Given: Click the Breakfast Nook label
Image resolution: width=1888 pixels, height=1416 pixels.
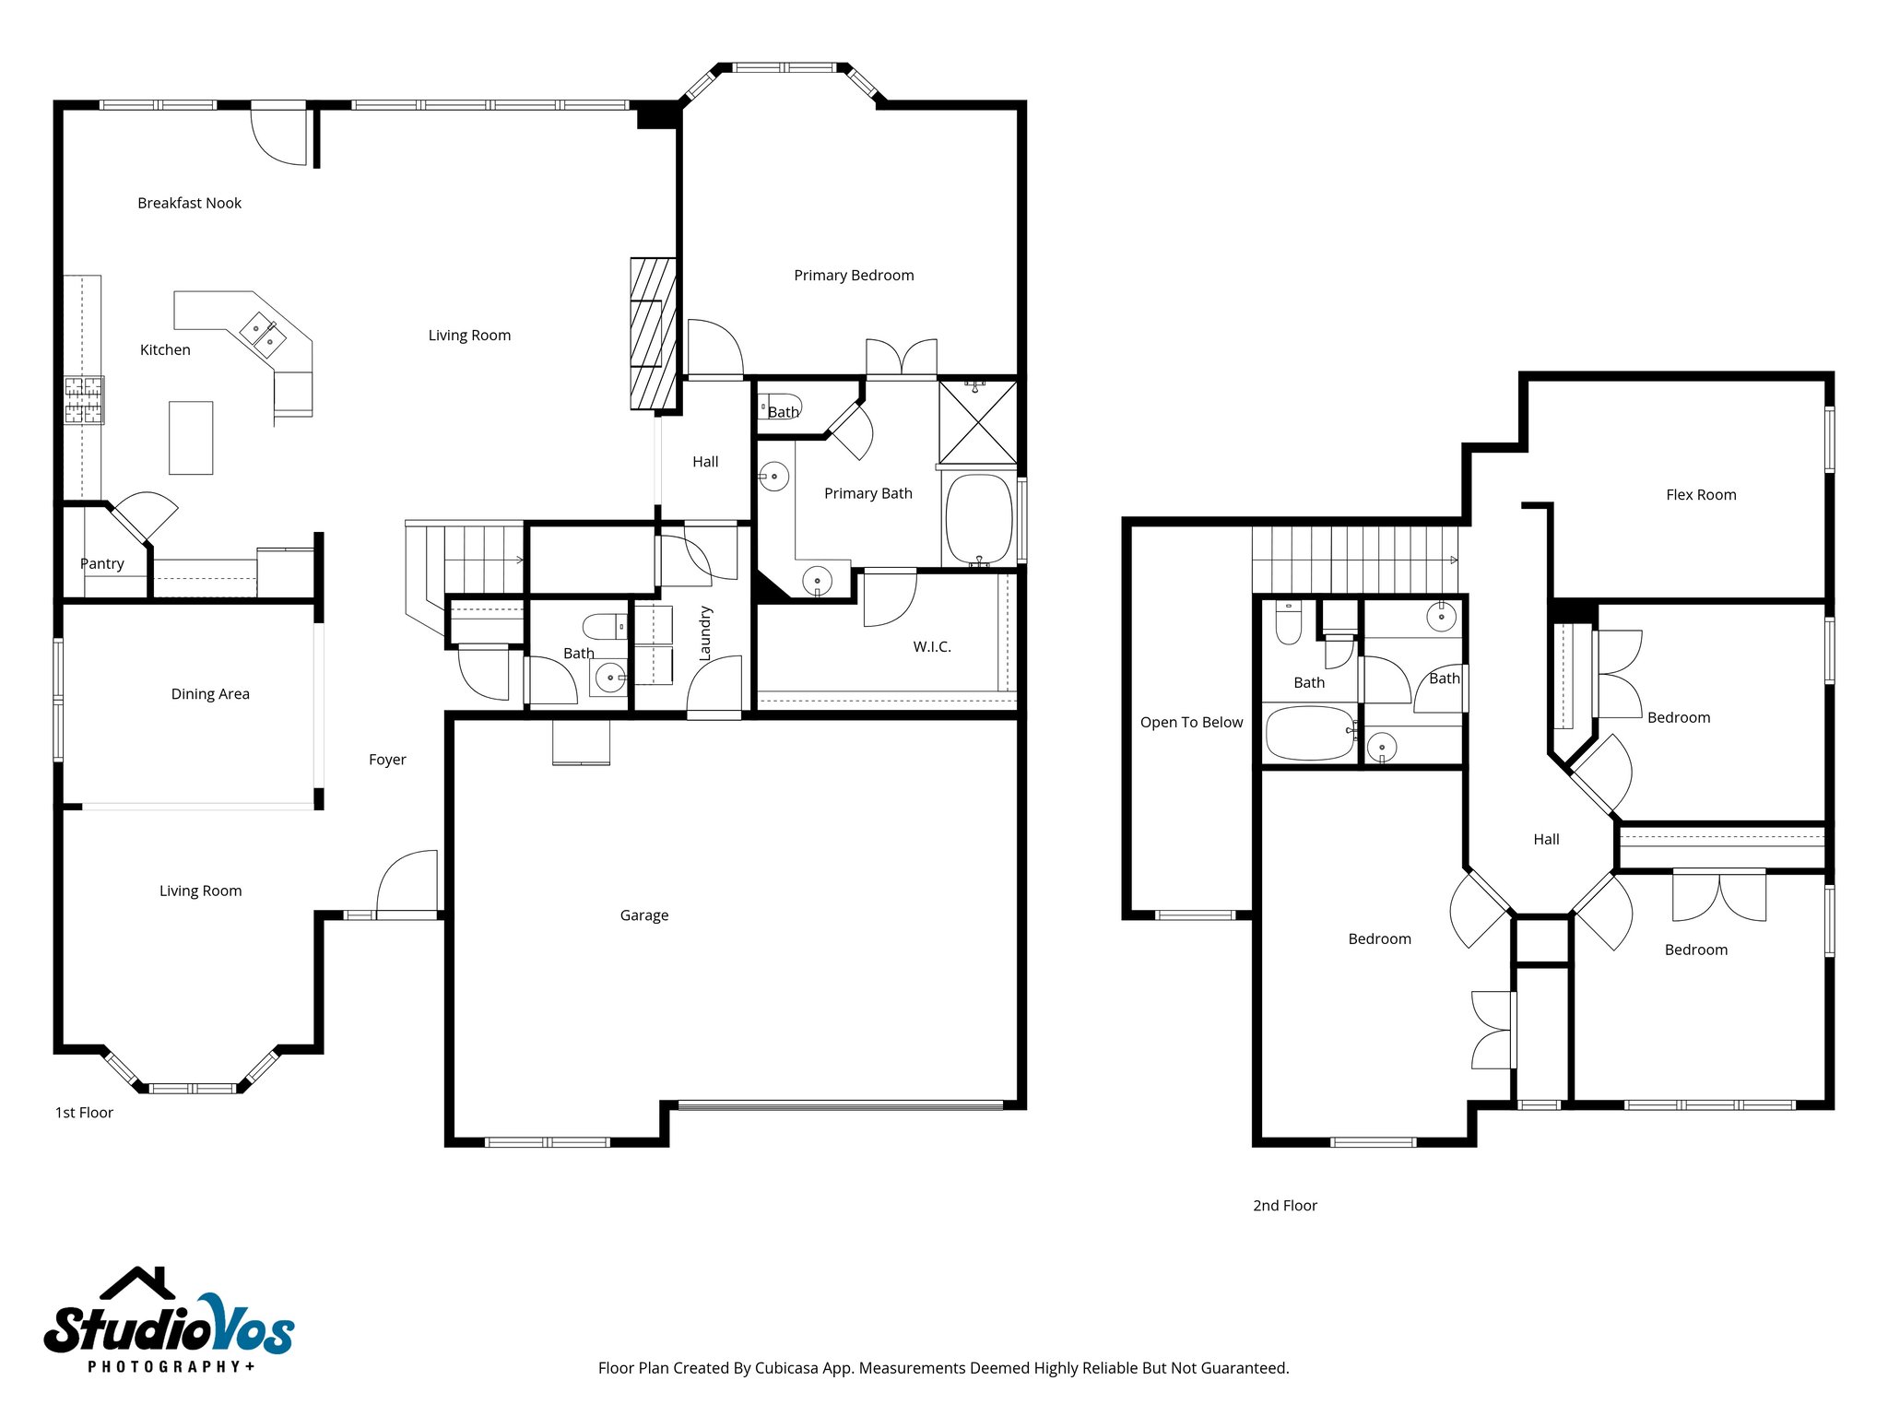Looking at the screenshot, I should click(189, 203).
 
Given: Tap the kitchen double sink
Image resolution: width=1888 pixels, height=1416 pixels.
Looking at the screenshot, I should click(263, 335).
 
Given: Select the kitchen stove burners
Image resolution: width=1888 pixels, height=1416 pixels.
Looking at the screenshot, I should click(83, 400).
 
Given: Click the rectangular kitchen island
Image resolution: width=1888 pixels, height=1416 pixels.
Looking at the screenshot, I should click(191, 438).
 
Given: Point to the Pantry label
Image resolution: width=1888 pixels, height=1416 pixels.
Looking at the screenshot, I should click(101, 563).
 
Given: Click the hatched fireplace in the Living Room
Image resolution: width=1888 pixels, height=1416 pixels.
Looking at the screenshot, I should click(653, 334).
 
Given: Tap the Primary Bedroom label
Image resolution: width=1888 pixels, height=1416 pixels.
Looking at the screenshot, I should click(854, 275).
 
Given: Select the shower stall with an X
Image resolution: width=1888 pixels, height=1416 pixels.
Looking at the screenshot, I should click(977, 421).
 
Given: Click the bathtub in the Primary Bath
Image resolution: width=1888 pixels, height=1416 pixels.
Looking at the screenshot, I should click(978, 519).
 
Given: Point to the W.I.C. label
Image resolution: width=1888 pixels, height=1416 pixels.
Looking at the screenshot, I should click(932, 646).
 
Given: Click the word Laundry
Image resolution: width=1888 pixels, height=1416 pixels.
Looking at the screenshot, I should click(705, 633).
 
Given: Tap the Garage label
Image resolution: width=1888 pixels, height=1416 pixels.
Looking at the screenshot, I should click(643, 914).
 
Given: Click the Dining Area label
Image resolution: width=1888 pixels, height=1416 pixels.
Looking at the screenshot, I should click(210, 693).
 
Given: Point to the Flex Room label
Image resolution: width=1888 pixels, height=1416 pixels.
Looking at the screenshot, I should click(1701, 494).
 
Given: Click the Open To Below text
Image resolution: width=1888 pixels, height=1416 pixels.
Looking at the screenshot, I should click(1191, 722).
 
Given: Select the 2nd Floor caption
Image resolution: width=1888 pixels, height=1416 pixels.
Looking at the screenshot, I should click(1284, 1205).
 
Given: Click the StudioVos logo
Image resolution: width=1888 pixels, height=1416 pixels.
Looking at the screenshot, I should click(169, 1320).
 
